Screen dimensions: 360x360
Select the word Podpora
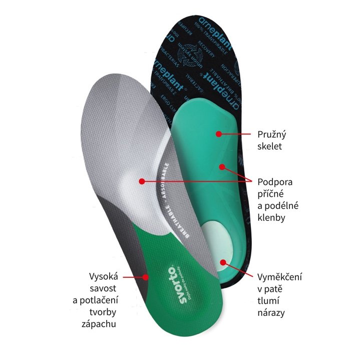point(274,182)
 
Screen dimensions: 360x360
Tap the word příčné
point(271,194)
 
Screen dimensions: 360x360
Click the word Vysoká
point(103,277)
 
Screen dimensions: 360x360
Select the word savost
point(103,289)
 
